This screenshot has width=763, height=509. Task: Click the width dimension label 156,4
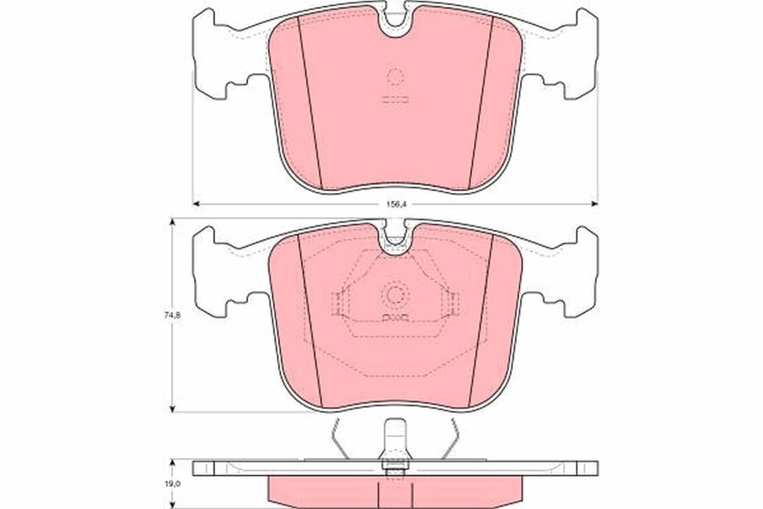[x=395, y=204]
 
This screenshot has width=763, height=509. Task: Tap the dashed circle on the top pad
[x=395, y=77]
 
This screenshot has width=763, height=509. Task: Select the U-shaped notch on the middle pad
[x=395, y=239]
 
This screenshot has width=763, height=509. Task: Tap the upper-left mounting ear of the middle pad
[x=205, y=238]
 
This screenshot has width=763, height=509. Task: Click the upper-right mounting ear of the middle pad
[x=586, y=238]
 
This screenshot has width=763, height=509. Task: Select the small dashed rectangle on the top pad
[x=395, y=100]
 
